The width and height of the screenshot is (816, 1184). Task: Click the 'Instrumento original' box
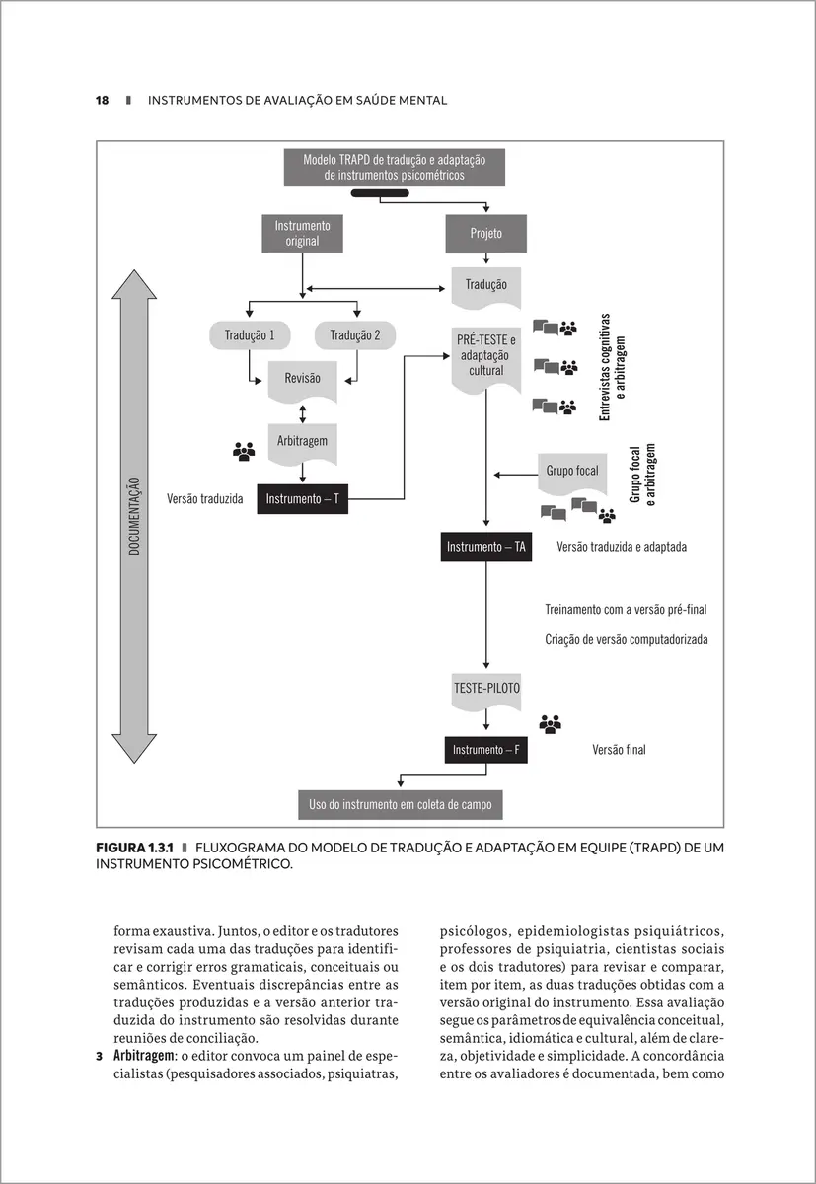tap(302, 233)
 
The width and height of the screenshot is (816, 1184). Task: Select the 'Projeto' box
tap(486, 234)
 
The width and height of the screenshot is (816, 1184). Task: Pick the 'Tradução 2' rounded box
tap(355, 335)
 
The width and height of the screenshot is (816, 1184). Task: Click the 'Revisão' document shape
tap(302, 379)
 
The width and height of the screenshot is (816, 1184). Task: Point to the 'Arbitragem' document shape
tap(302, 441)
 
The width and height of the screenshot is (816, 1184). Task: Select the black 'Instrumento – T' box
tap(302, 499)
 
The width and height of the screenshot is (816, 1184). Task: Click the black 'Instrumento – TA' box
tap(486, 547)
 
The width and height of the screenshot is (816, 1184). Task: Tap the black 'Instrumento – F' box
tap(485, 750)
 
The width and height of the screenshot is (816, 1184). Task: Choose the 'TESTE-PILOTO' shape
tap(486, 689)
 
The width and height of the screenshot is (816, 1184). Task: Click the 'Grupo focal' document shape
tap(572, 472)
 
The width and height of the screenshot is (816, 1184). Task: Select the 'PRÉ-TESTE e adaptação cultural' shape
tap(486, 356)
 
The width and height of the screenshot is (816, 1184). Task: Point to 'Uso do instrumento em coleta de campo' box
tap(400, 805)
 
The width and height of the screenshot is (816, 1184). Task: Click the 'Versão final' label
tap(619, 750)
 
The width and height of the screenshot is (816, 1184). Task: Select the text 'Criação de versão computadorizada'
tap(626, 639)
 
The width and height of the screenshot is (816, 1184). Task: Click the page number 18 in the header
tap(102, 100)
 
